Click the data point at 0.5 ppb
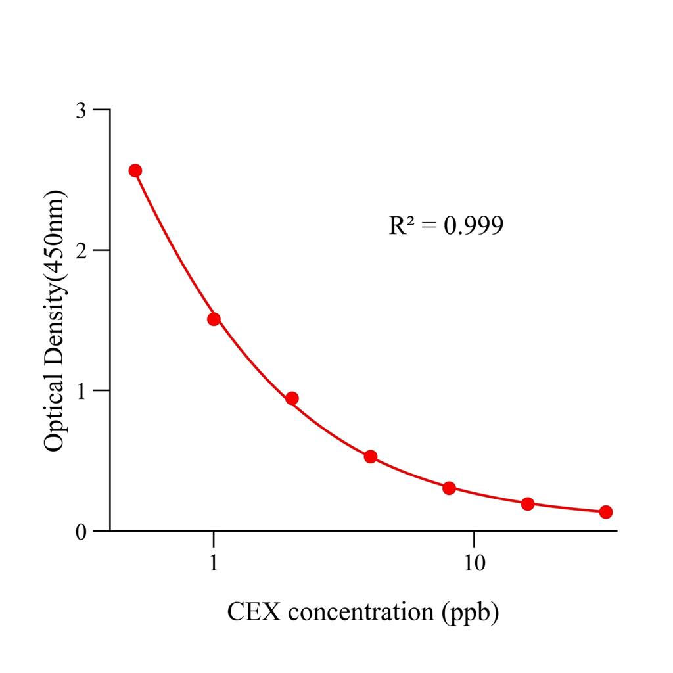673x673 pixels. pos(135,171)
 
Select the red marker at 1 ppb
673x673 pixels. pos(214,319)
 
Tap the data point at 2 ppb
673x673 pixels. pos(292,398)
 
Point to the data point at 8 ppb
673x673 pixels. pos(450,488)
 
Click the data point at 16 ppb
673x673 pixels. pos(528,504)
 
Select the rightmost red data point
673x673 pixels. pos(606,512)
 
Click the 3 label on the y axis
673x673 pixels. pos(81,110)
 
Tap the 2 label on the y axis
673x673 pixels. pos(81,250)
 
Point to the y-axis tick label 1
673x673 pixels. pos(81,390)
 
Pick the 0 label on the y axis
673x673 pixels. pos(81,531)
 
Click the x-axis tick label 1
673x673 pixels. pos(214,564)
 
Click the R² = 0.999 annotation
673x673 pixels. pos(446,225)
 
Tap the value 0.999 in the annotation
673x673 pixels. pos(473,226)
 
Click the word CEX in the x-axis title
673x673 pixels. pos(254,612)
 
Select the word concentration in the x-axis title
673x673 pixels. pos(359,613)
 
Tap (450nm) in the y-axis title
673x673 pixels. pos(53,237)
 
